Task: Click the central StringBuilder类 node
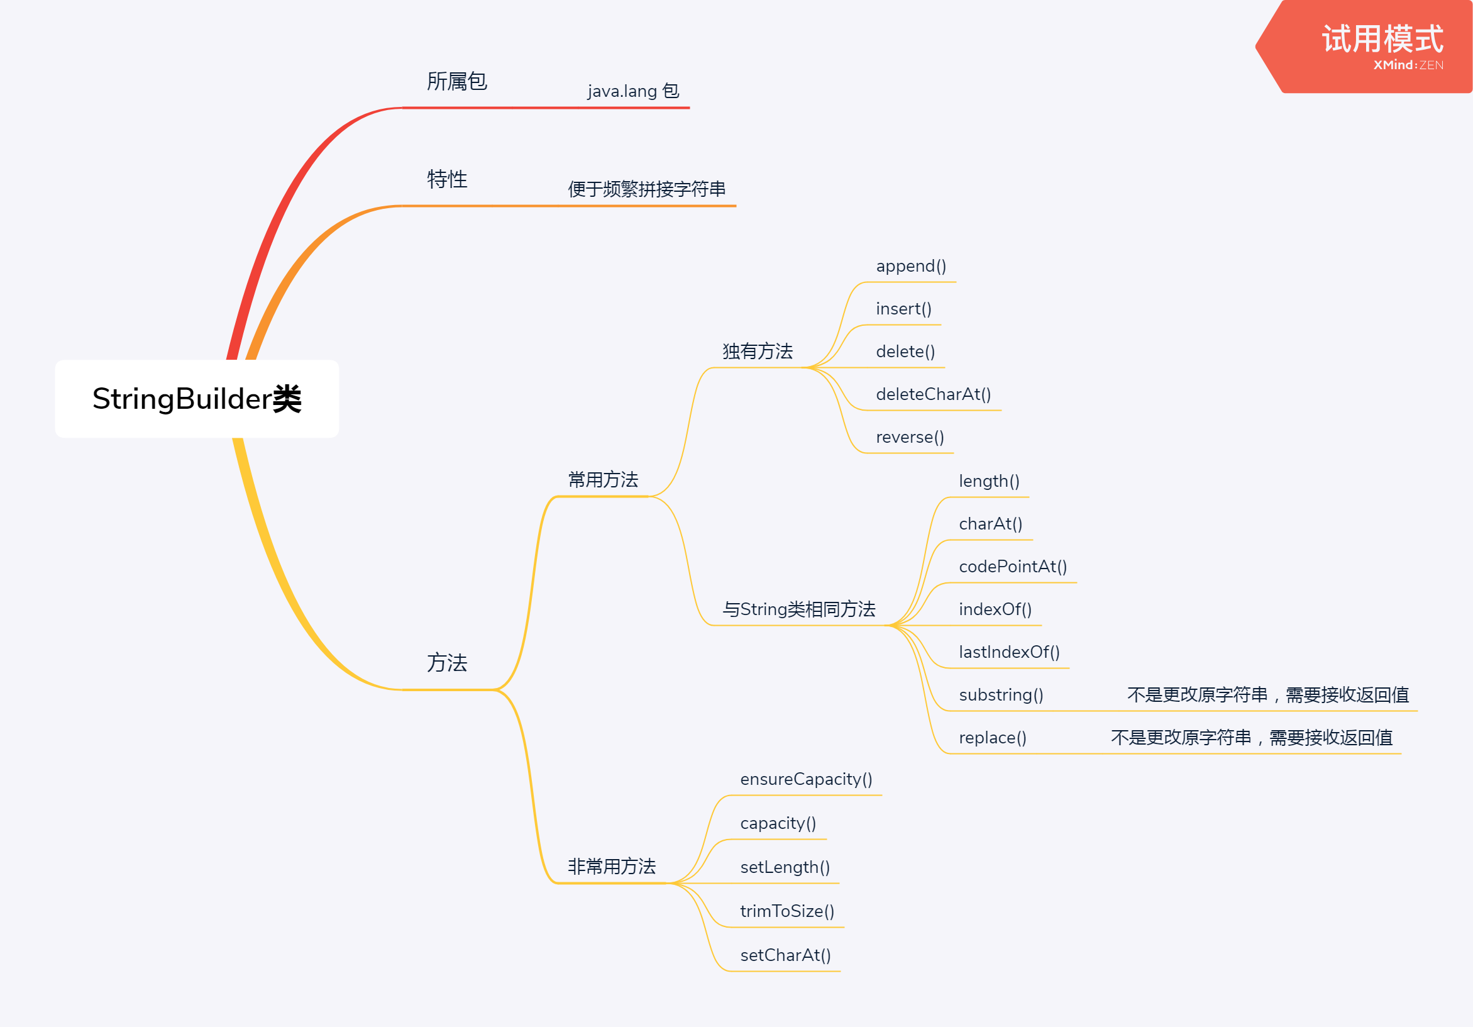[x=197, y=399]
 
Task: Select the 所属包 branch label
[x=457, y=82]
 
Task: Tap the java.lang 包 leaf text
[x=633, y=91]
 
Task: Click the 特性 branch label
[x=447, y=179]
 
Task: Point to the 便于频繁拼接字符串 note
[x=647, y=189]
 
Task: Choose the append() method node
[x=911, y=266]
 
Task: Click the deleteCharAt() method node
[x=934, y=394]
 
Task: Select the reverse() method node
[x=910, y=437]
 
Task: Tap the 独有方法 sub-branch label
[x=758, y=351]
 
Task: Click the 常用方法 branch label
[x=603, y=479]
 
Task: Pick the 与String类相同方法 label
[x=798, y=609]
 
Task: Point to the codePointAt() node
[x=1013, y=566]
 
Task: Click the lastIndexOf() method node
[x=1009, y=652]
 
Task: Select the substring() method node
[x=1001, y=694]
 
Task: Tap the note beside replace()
[x=1252, y=738]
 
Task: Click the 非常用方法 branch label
[x=612, y=867]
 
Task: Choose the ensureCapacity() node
[x=807, y=779]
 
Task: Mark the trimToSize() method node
[x=787, y=911]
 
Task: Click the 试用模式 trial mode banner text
[x=1382, y=39]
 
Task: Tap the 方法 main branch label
[x=447, y=662]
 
